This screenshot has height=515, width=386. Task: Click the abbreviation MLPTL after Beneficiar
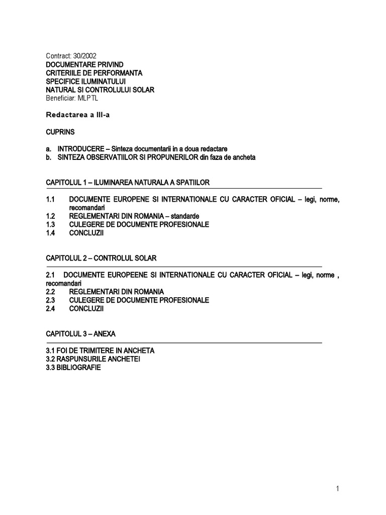click(87, 99)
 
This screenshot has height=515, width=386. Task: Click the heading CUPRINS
click(60, 132)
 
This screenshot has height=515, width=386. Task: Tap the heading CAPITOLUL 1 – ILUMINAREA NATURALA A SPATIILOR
click(131, 182)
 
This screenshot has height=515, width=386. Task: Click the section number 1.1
click(51, 199)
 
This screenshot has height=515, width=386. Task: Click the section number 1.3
click(51, 224)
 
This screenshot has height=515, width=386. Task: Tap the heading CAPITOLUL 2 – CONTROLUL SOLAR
click(102, 258)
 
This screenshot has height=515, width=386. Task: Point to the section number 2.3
click(51, 300)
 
